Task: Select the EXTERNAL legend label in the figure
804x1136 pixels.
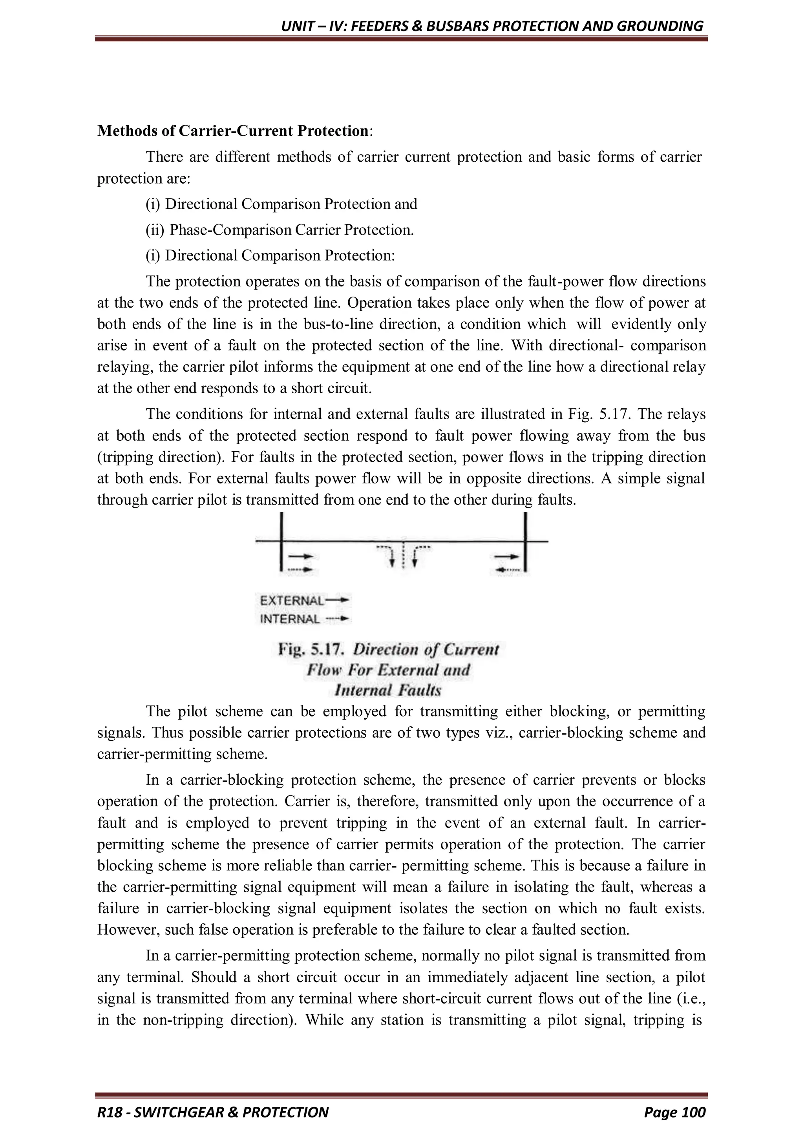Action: [x=292, y=601]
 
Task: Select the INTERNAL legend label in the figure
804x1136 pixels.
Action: [x=290, y=619]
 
